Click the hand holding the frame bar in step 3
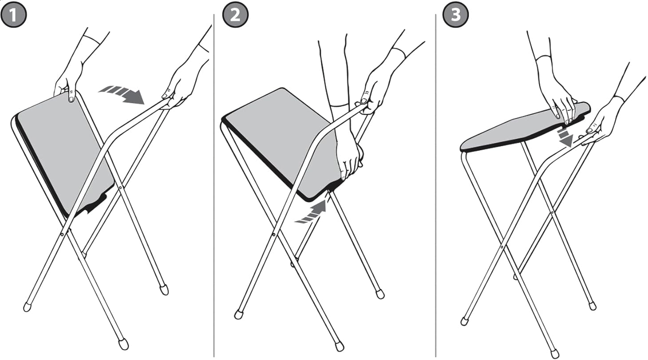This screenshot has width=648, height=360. tap(599, 127)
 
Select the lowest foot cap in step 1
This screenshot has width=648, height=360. tap(124, 344)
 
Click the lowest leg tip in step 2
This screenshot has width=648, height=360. tap(340, 346)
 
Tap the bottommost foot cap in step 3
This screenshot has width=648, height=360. tap(554, 354)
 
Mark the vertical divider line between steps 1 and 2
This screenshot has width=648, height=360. tap(214, 185)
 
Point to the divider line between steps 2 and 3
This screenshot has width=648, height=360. tap(436, 185)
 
